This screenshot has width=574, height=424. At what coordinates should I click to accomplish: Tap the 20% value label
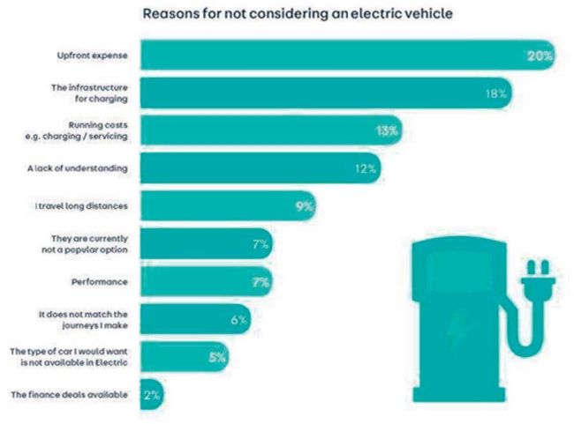point(540,56)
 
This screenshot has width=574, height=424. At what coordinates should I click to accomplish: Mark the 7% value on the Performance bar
point(260,282)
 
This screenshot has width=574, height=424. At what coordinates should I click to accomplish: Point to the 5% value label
point(218,358)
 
